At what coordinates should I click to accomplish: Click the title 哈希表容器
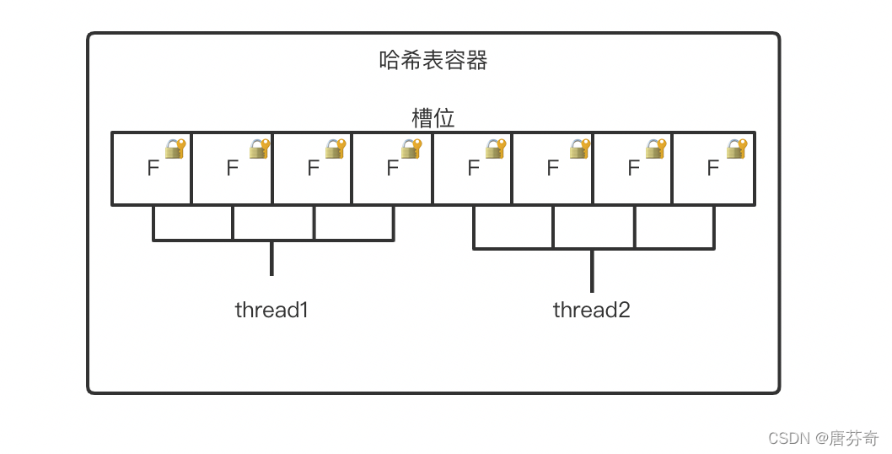pyautogui.click(x=433, y=61)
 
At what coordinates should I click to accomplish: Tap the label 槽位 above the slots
pyautogui.click(x=433, y=118)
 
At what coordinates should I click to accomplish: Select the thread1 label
pyautogui.click(x=271, y=310)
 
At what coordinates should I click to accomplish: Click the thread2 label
pyautogui.click(x=591, y=310)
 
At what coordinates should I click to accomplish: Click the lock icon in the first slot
pyautogui.click(x=175, y=149)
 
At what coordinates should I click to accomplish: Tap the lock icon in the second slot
pyautogui.click(x=259, y=149)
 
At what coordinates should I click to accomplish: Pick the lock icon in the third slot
pyautogui.click(x=336, y=149)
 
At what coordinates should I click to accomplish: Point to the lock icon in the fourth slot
pyautogui.click(x=411, y=149)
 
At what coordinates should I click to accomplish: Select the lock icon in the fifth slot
pyautogui.click(x=495, y=149)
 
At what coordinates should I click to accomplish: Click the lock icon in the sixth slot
pyautogui.click(x=579, y=149)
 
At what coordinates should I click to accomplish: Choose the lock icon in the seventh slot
pyautogui.click(x=656, y=149)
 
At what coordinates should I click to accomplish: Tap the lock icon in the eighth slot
pyautogui.click(x=737, y=149)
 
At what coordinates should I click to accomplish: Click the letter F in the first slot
pyautogui.click(x=153, y=168)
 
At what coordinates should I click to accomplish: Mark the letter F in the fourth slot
pyautogui.click(x=392, y=168)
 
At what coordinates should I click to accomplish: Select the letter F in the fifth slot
pyautogui.click(x=473, y=168)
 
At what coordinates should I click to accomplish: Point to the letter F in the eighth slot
pyautogui.click(x=712, y=168)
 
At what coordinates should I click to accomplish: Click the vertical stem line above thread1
pyautogui.click(x=271, y=258)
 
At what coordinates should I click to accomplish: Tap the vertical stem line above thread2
pyautogui.click(x=592, y=270)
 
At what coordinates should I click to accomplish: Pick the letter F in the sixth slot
pyautogui.click(x=552, y=168)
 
